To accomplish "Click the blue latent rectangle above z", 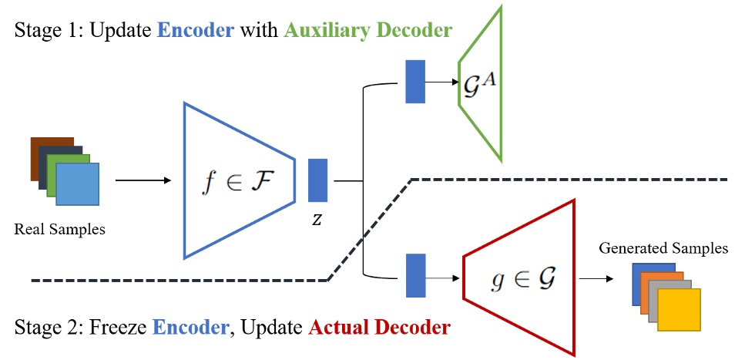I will [x=318, y=180].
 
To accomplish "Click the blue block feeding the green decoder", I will [x=415, y=80].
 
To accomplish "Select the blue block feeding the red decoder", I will [x=415, y=275].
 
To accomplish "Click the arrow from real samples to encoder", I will [x=143, y=181].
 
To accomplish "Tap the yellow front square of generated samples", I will [x=679, y=310].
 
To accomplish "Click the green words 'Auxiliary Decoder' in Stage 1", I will [x=367, y=32].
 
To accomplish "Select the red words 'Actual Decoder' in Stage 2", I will [x=379, y=328].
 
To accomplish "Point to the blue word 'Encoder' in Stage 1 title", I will [x=196, y=32].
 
